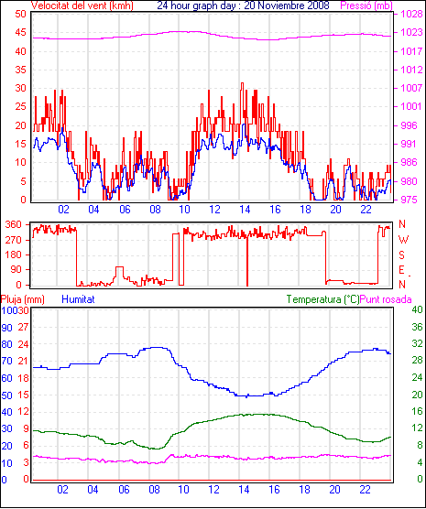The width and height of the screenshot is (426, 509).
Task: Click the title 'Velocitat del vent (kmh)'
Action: coord(82,5)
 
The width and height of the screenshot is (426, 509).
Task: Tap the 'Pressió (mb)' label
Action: coord(366,5)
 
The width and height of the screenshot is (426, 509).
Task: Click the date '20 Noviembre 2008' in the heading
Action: coord(287,5)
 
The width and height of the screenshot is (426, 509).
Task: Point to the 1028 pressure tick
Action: coord(411,14)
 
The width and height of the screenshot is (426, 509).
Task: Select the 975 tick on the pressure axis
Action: coord(410,200)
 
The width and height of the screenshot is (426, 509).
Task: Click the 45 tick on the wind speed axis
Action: coord(21,32)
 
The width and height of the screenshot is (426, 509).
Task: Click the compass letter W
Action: coord(403,240)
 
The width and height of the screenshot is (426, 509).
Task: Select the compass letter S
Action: coord(401,255)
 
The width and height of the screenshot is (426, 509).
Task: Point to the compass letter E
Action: coord(401,270)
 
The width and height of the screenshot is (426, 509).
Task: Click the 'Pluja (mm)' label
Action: coord(22,299)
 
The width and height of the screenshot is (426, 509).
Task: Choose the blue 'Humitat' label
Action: coord(78,299)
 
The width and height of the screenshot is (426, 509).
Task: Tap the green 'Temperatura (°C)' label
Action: coord(323,299)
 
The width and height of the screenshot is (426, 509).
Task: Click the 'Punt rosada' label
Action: coord(386,299)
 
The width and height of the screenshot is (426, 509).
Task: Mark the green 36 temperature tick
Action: coord(417,327)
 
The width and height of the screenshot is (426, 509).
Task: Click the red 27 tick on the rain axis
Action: coord(23,327)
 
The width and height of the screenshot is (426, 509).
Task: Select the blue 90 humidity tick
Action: coord(6,328)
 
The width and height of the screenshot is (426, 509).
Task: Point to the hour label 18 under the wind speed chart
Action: coord(305,210)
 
